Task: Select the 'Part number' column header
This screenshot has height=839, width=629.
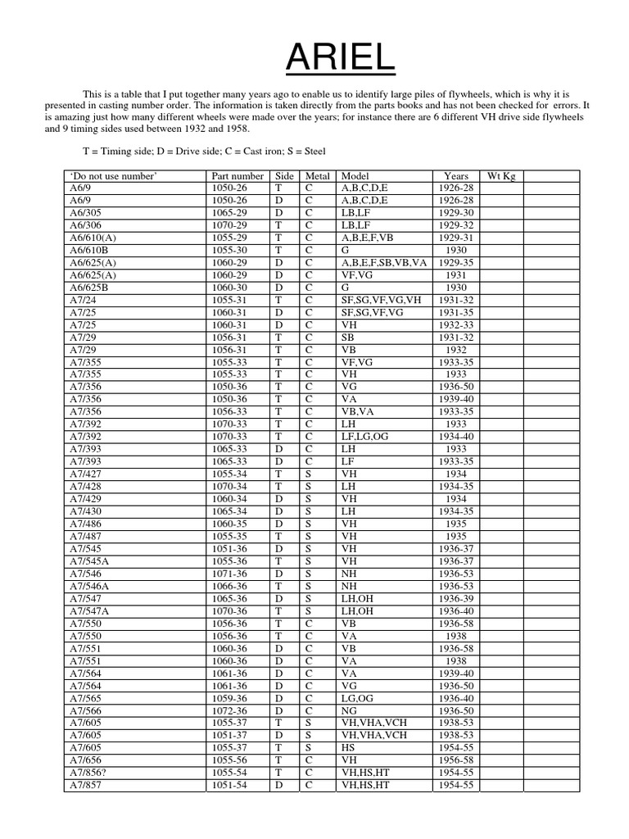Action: (x=238, y=176)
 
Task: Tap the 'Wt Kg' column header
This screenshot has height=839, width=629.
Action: (x=501, y=176)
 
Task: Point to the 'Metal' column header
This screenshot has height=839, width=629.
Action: (x=317, y=176)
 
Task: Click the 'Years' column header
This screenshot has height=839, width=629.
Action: (x=456, y=176)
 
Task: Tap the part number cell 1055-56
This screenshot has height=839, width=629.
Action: (x=229, y=760)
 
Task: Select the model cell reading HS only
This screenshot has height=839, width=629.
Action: (x=348, y=748)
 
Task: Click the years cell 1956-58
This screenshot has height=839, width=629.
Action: (x=456, y=760)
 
